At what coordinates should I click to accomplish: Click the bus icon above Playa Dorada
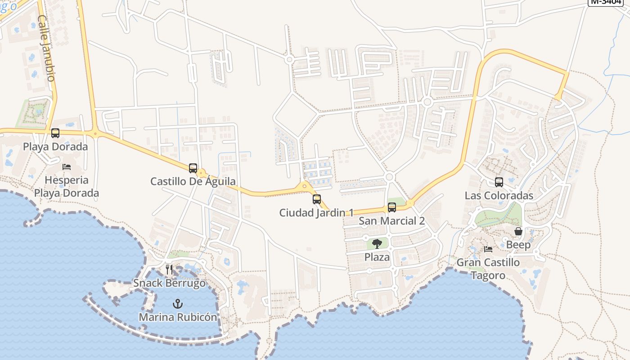[x=55, y=133]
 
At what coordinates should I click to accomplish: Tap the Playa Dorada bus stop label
[x=55, y=147]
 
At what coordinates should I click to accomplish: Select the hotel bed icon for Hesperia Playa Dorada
[x=67, y=167]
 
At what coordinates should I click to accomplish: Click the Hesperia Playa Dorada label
[x=67, y=187]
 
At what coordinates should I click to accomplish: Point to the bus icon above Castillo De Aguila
[x=193, y=168]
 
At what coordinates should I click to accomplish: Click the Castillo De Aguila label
[x=193, y=181]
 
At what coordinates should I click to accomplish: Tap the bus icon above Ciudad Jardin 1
[x=317, y=199]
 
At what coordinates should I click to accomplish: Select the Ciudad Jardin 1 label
[x=317, y=212]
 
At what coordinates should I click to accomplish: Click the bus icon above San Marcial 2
[x=392, y=207]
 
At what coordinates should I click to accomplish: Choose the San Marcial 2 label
[x=392, y=221]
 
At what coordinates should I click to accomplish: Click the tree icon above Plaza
[x=377, y=244]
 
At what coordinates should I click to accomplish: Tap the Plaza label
[x=377, y=257]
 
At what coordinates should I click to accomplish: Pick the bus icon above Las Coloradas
[x=499, y=182]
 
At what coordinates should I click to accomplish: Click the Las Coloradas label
[x=499, y=196]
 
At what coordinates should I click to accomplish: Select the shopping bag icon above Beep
[x=518, y=231]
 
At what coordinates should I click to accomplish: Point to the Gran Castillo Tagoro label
[x=488, y=269]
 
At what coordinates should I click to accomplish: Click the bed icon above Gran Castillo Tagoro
[x=488, y=249]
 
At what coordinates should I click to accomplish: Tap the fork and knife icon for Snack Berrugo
[x=169, y=270]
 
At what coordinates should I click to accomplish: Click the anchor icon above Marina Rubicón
[x=178, y=303]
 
